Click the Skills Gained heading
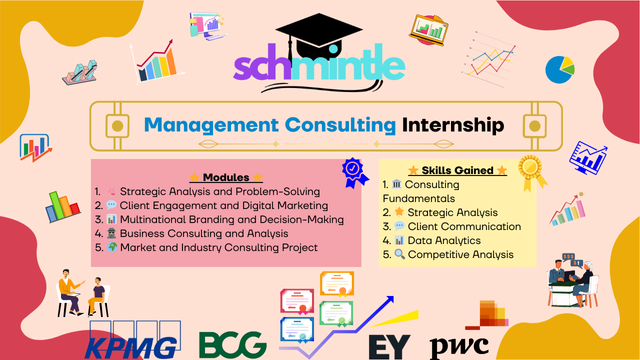[457, 170]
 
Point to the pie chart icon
[560, 68]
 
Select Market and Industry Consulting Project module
[222, 246]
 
